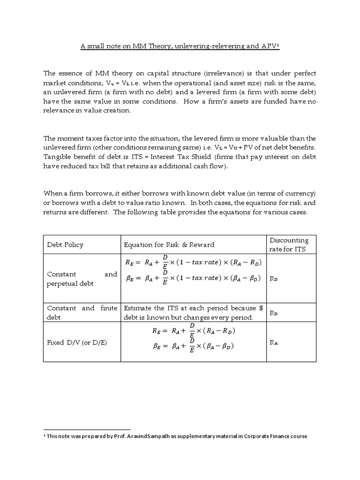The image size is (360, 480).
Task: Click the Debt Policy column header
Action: point(65,245)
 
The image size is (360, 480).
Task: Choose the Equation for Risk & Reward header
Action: point(169,245)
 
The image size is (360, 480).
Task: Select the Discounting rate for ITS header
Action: point(289,245)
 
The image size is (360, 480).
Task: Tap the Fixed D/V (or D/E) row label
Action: point(77,343)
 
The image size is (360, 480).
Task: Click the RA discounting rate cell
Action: point(274,343)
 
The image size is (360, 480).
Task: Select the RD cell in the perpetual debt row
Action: point(274,278)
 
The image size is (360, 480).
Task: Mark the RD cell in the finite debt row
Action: point(274,313)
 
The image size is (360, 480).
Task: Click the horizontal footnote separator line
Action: point(87,429)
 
